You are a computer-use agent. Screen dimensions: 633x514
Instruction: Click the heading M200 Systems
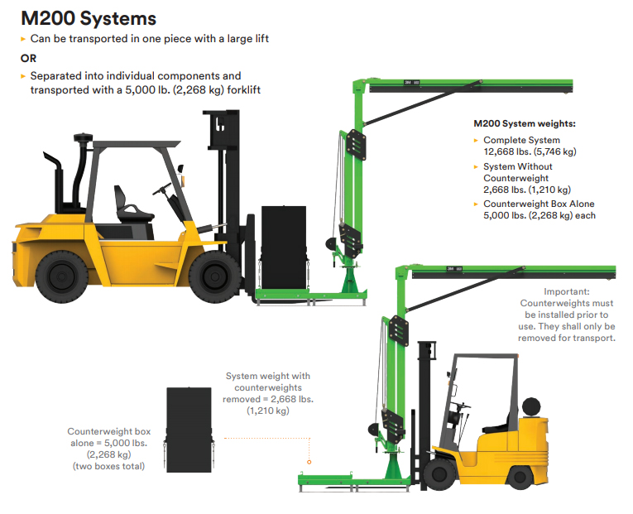click(89, 18)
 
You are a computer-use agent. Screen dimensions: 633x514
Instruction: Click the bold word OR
click(28, 59)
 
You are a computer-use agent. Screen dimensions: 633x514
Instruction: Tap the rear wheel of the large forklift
click(62, 276)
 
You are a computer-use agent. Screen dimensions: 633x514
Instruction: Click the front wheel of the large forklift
click(215, 276)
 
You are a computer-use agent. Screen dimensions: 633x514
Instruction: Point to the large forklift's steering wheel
click(162, 189)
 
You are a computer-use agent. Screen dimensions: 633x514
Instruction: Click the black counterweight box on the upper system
click(284, 247)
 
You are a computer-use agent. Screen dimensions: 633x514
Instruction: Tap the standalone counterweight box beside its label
click(189, 430)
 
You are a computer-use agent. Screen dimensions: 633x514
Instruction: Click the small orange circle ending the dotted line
click(309, 462)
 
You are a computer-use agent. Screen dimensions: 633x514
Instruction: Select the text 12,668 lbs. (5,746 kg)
click(530, 151)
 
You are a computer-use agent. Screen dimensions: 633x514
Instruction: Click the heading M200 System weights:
click(525, 123)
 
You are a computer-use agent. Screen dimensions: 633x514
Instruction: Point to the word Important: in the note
click(566, 291)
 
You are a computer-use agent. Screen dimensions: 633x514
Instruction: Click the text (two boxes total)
click(108, 466)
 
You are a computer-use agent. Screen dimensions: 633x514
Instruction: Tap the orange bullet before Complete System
click(476, 141)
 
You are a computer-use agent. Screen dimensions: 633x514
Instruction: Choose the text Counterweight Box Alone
click(539, 204)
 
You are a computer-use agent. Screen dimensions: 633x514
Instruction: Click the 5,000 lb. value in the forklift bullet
click(147, 90)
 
